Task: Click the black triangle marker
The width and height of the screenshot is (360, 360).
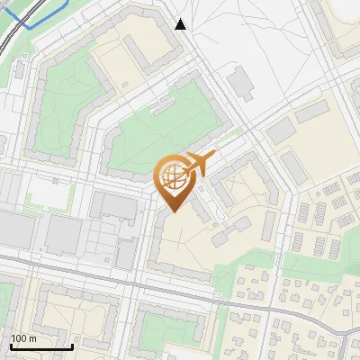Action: click(x=181, y=24)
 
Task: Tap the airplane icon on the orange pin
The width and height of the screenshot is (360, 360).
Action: click(x=198, y=165)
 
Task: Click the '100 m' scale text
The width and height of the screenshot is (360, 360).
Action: click(x=23, y=338)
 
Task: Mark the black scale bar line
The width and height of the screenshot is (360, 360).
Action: click(x=41, y=346)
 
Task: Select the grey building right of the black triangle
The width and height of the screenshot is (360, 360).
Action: click(x=240, y=84)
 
